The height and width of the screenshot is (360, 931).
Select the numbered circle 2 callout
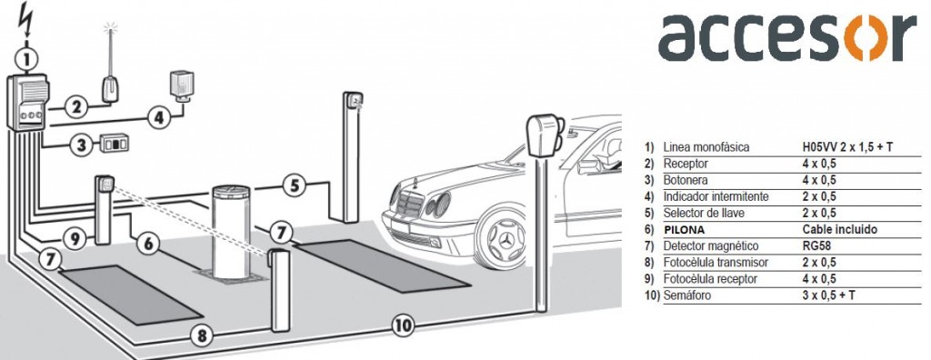tap(75, 107)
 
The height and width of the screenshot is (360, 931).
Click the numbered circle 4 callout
tap(158, 117)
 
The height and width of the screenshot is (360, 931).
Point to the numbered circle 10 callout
tap(402, 325)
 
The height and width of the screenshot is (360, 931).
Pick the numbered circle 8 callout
tap(202, 336)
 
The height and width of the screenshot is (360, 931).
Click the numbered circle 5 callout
tap(295, 185)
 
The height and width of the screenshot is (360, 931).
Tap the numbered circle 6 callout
tap(148, 243)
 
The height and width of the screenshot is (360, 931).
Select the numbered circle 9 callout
tap(75, 239)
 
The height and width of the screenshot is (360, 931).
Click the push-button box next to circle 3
tap(114, 144)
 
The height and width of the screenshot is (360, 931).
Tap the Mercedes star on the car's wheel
tap(507, 241)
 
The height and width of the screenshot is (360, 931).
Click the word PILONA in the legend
tap(684, 229)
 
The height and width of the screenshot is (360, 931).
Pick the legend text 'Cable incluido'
tap(839, 229)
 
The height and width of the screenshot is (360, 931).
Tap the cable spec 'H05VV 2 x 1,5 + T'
tap(847, 147)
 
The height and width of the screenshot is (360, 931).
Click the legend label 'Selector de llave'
tap(706, 213)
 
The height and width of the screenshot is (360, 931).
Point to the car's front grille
tap(410, 205)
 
